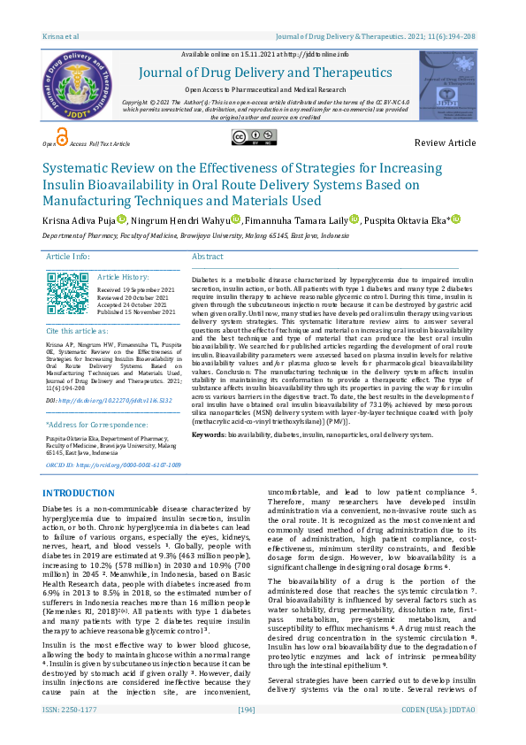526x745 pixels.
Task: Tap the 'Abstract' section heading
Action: pos(208,256)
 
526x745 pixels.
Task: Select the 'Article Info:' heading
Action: pos(69,256)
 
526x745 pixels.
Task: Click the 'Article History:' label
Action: pos(124,277)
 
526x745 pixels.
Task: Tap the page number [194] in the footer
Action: pos(247,734)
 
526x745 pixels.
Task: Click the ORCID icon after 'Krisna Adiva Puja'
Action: pos(121,219)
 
